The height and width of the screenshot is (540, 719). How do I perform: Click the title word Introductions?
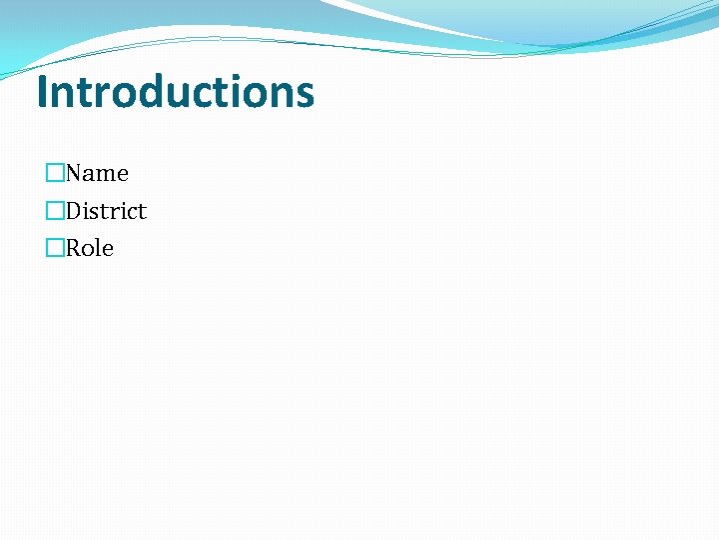(175, 91)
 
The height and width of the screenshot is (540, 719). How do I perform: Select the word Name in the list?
(97, 173)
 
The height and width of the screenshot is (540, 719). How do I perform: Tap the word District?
(106, 211)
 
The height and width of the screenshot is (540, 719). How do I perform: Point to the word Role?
(90, 248)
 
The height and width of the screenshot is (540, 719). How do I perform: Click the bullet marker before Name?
(55, 173)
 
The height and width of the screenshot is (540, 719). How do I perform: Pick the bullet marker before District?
(55, 211)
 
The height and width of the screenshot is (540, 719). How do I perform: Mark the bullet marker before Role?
(55, 248)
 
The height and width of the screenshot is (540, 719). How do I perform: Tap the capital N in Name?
(75, 173)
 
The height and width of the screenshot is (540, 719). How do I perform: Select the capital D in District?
(75, 211)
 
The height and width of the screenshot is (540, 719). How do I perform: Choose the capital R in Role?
(74, 248)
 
